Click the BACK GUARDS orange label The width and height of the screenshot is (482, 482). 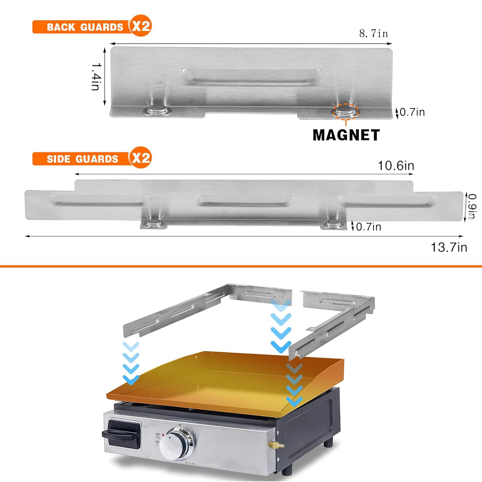click(84, 27)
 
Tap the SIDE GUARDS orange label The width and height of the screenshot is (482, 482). click(82, 159)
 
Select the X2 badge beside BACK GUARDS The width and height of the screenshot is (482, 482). click(141, 26)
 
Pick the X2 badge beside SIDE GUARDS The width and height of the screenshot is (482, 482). click(141, 157)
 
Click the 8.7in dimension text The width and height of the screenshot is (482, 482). click(373, 33)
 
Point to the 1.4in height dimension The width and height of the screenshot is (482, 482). click(96, 76)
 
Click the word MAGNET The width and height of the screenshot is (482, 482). click(346, 135)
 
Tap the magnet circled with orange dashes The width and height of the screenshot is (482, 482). click(345, 112)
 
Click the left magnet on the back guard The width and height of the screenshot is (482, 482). click(157, 111)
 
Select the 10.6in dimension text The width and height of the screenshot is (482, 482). click(396, 166)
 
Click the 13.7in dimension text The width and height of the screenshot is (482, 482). click(449, 247)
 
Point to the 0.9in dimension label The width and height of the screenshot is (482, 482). click(471, 206)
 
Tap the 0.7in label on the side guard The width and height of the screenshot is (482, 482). click(368, 227)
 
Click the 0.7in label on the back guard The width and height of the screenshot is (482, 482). click(412, 112)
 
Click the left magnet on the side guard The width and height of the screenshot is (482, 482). click(154, 224)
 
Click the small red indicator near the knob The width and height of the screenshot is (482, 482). click(163, 435)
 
